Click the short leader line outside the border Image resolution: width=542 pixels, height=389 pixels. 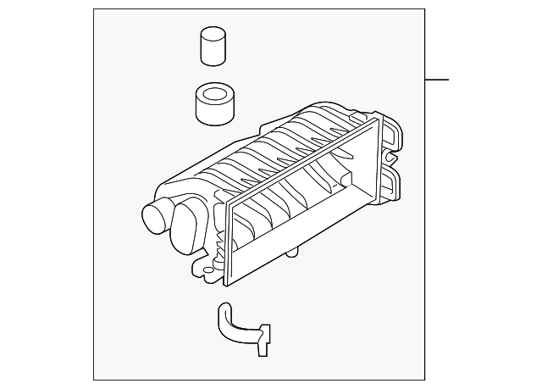click(x=436, y=80)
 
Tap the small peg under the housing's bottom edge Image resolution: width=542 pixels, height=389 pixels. click(x=292, y=252)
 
